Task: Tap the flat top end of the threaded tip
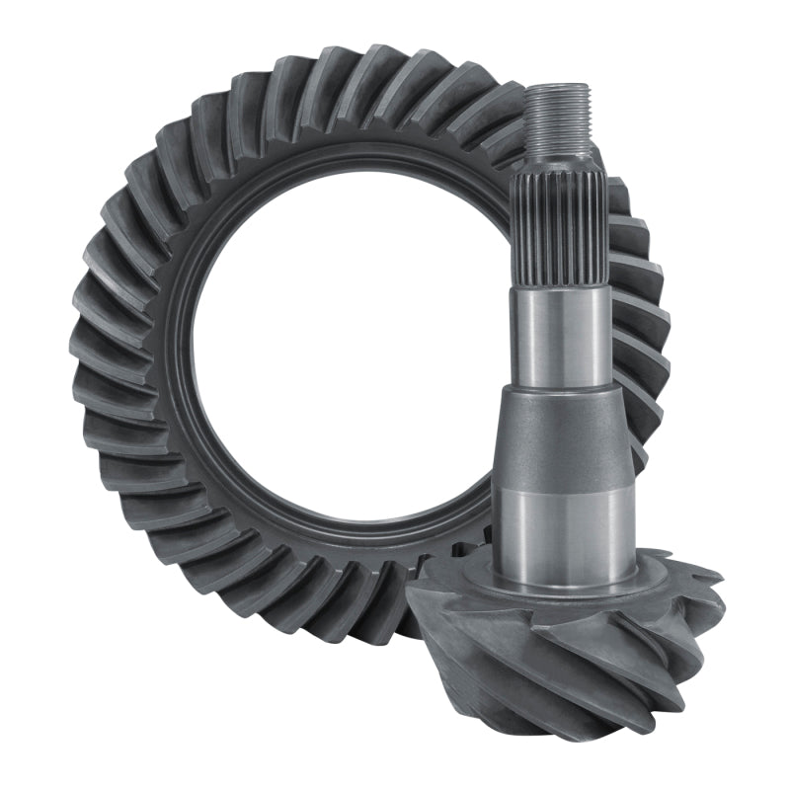(557, 87)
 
